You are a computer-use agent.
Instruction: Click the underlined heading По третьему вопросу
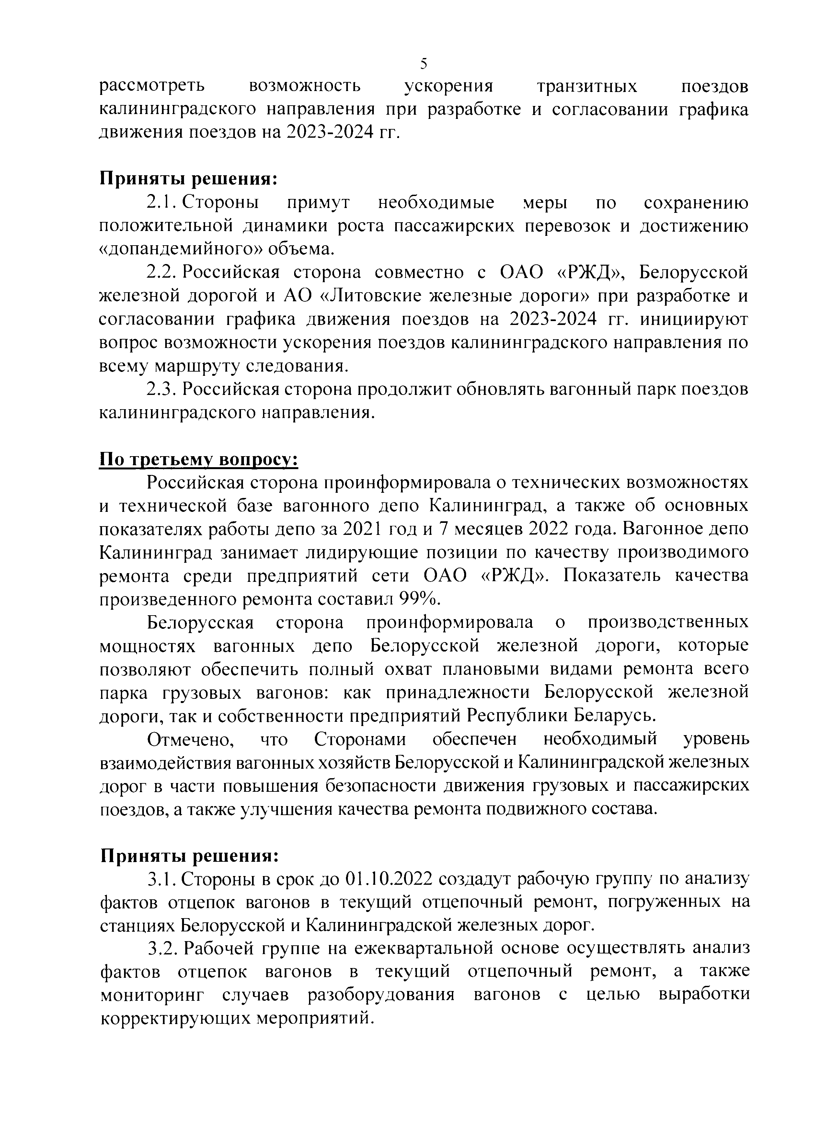tap(199, 460)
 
